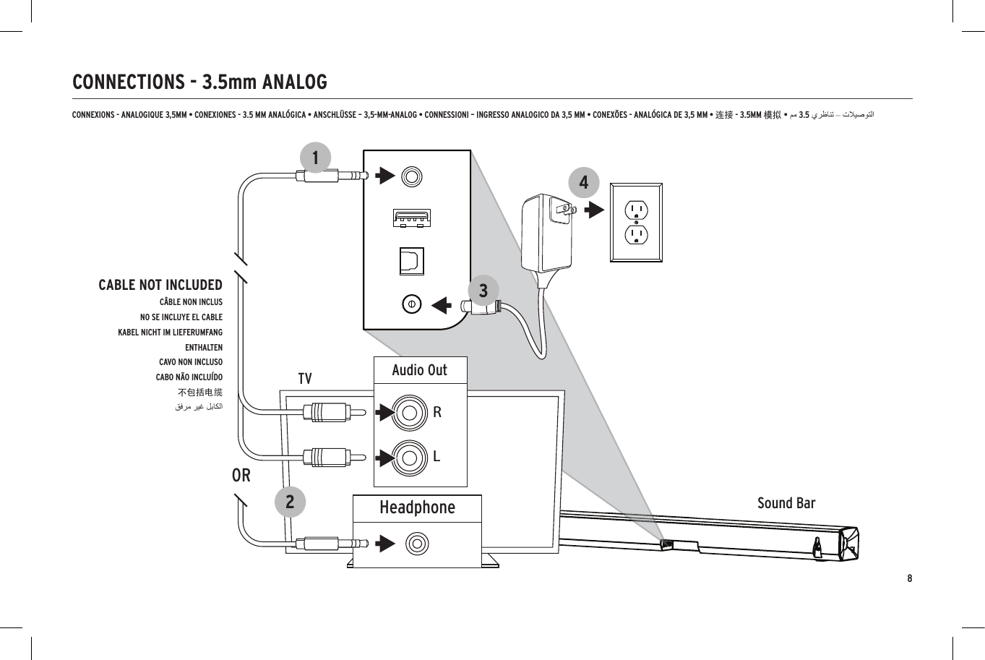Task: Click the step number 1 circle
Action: tap(315, 157)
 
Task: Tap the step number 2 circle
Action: tap(290, 501)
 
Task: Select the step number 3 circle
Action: tap(483, 291)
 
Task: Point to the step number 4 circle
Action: tap(584, 182)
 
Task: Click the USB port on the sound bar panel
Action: tap(412, 217)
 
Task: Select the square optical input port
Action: tap(412, 261)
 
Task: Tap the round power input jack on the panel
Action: tap(411, 304)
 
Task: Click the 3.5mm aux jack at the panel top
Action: tap(411, 176)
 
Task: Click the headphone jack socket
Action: tap(417, 544)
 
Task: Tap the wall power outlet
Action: tap(636, 222)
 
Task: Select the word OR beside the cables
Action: tap(241, 475)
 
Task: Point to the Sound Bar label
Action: tap(786, 503)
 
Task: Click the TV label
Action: tap(305, 379)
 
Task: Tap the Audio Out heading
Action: tap(419, 370)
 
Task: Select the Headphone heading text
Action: tap(417, 507)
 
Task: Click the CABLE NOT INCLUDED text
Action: tap(160, 285)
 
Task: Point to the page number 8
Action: tap(910, 578)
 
